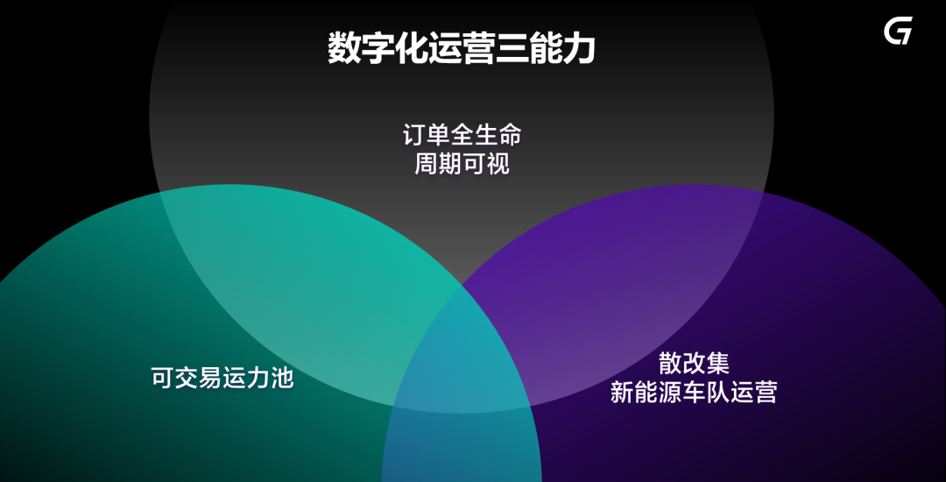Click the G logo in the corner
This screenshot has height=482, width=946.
[x=898, y=30]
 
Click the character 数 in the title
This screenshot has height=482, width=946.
[x=343, y=48]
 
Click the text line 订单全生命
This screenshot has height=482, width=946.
[x=462, y=135]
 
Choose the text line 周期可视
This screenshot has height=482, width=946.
[x=462, y=164]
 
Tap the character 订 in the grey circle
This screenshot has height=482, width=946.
[x=413, y=135]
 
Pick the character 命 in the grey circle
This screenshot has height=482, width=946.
[x=510, y=135]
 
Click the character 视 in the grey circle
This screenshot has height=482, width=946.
[x=498, y=164]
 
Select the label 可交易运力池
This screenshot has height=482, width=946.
[x=222, y=379]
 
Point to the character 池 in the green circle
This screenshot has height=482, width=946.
[x=282, y=379]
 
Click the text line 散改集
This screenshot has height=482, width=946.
[x=694, y=364]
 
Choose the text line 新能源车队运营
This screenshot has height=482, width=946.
[x=693, y=392]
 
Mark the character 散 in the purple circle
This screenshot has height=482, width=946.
[x=670, y=364]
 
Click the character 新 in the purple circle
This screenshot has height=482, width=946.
[x=622, y=392]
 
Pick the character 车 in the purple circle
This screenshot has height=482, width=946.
[x=693, y=392]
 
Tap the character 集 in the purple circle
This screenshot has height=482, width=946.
[x=718, y=364]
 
